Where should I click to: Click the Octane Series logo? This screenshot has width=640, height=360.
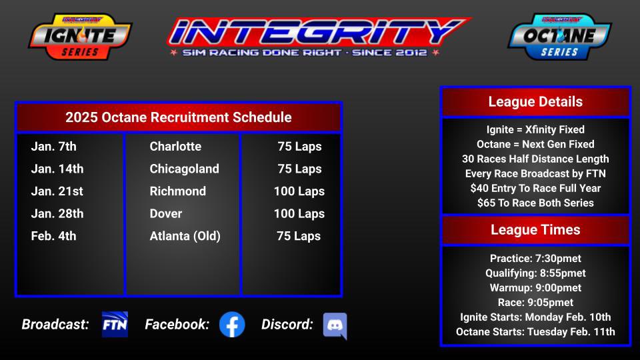(559, 37)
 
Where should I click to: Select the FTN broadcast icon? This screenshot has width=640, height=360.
(115, 325)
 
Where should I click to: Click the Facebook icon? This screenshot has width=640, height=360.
(232, 325)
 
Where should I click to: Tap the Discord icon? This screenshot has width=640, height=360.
(335, 326)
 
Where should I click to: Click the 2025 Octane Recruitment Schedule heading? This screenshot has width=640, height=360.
(179, 117)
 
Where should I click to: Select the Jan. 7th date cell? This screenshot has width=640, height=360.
(53, 147)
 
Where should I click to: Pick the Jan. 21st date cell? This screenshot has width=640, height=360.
(57, 191)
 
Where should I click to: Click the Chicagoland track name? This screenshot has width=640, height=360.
(184, 169)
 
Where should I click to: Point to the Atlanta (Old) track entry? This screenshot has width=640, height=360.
(185, 236)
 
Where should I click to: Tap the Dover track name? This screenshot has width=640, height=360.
(166, 213)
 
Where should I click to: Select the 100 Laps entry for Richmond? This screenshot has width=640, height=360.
(299, 191)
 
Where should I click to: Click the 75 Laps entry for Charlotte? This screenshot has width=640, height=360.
(299, 147)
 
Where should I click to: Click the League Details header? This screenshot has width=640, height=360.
(535, 102)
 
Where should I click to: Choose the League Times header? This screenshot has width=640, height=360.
(535, 230)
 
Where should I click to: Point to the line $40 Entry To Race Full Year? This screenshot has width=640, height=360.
(535, 188)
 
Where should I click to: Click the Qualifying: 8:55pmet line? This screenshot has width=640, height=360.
(535, 273)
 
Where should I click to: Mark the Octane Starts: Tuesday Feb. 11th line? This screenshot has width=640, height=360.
(535, 332)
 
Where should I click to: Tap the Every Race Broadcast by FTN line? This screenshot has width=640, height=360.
(535, 173)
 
